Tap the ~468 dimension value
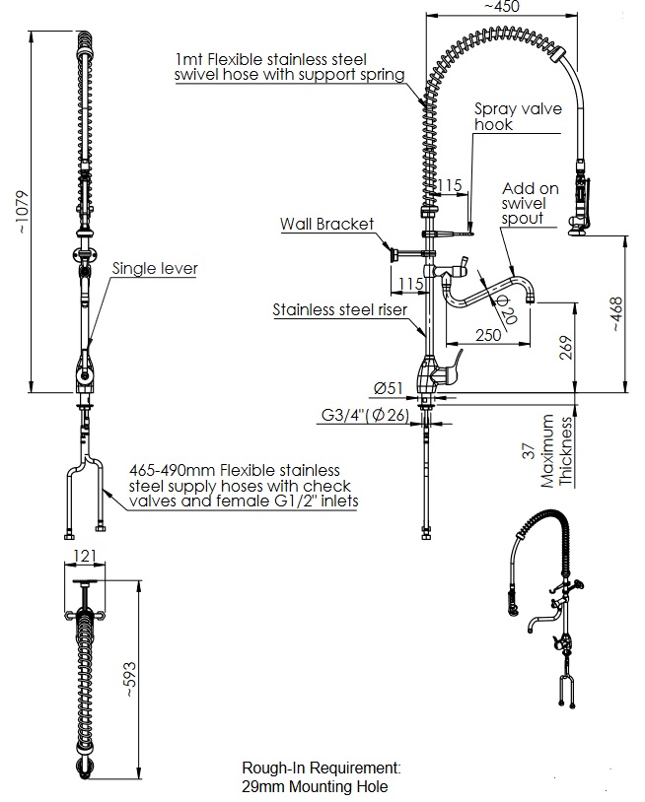617,313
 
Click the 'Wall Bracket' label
326,224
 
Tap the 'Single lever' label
154,267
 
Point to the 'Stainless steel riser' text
339,310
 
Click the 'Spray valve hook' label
507,117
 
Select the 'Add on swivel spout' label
532,203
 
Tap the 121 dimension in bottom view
85,557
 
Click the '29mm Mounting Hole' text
314,786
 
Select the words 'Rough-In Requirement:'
321,767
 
